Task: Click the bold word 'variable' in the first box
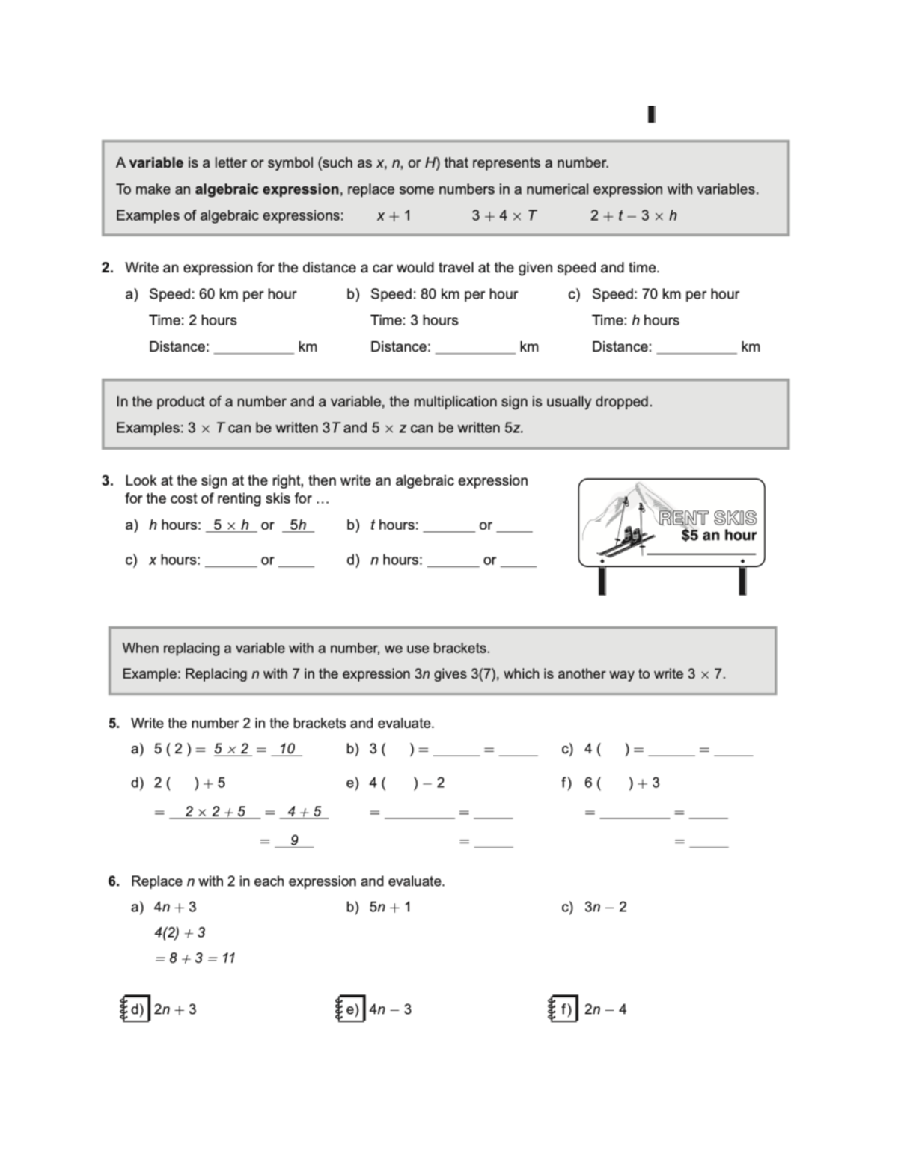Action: coord(156,163)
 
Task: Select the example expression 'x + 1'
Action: coord(394,216)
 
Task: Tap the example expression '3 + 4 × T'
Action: coord(504,216)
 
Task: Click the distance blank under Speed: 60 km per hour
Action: coord(254,348)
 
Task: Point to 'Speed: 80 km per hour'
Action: coord(444,294)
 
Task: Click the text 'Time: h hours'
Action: coord(635,320)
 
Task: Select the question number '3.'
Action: coord(108,481)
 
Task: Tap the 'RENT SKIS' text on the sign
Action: coord(707,518)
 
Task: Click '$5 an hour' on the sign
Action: coord(718,536)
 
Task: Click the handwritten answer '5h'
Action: coord(298,525)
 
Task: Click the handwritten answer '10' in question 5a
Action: coord(287,749)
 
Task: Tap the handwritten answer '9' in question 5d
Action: coord(294,841)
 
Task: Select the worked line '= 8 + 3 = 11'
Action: coord(195,958)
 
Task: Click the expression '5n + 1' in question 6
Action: coord(389,908)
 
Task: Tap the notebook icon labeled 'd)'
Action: coord(135,1009)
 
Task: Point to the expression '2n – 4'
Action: coord(605,1009)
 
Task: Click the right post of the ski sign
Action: coord(742,581)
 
